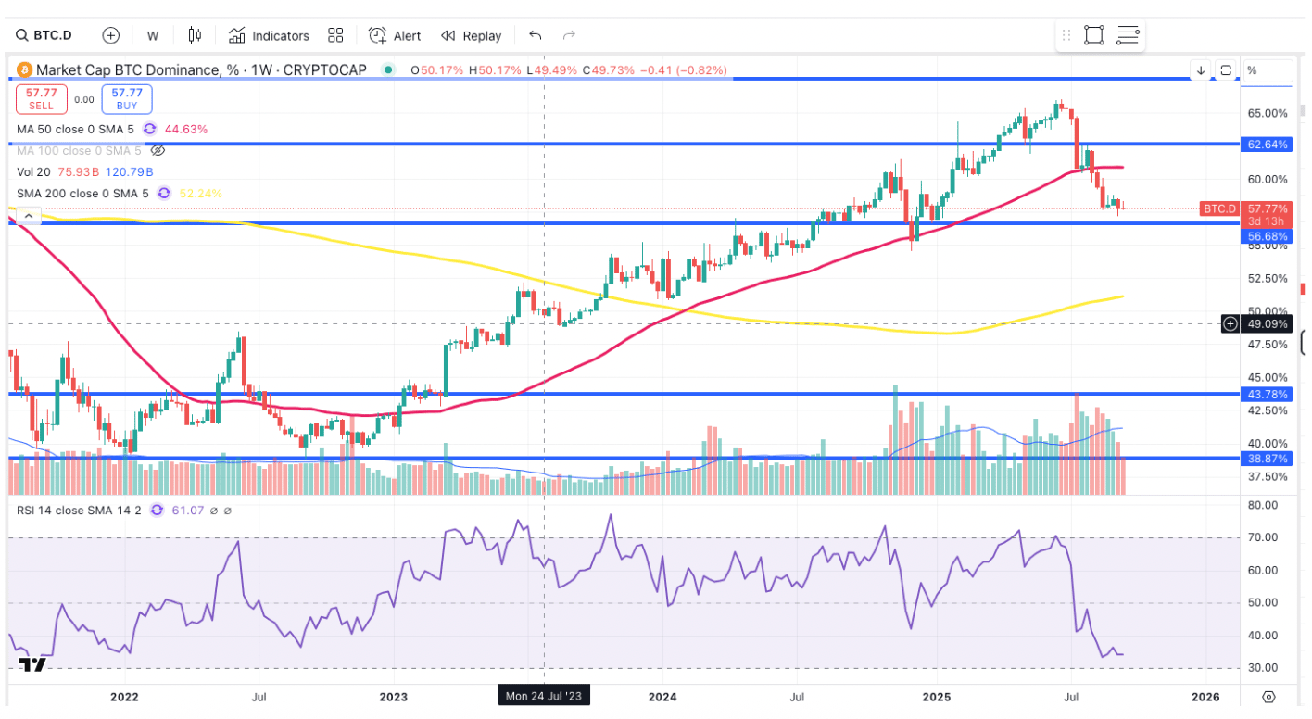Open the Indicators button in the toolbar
[x=269, y=35]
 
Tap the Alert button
[x=395, y=35]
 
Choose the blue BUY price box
[x=127, y=98]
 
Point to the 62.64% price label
[x=1268, y=145]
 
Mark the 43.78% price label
[x=1268, y=394]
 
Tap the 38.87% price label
[x=1268, y=458]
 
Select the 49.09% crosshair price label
[x=1268, y=324]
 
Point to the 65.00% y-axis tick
[x=1268, y=113]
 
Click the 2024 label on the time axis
[x=663, y=696]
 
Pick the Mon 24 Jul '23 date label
[x=543, y=695]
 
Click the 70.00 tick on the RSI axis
[x=1264, y=537]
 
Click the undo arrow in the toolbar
[x=535, y=35]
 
